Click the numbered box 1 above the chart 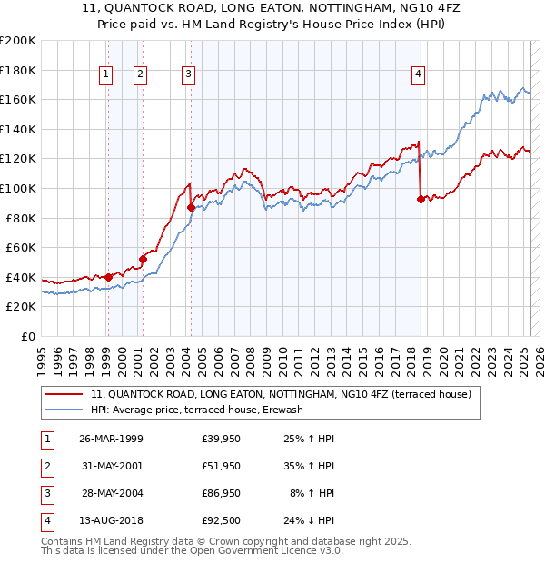coord(107,75)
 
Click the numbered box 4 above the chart coord(419,75)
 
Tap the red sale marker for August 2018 coord(421,200)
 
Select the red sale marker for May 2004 coord(192,208)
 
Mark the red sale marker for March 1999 coord(108,277)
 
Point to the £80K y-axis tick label coord(20,218)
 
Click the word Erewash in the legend coord(282,410)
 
